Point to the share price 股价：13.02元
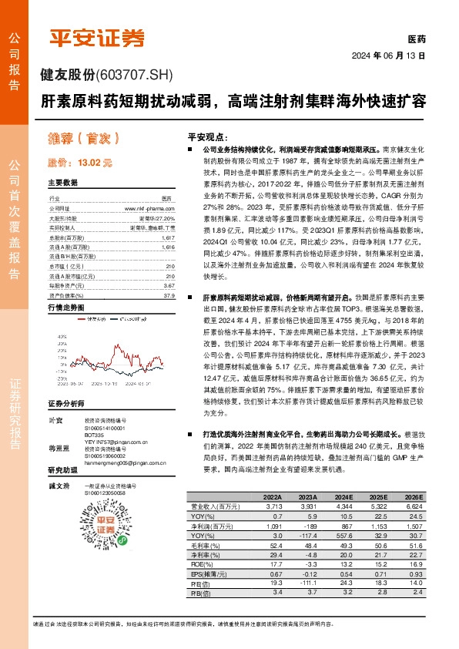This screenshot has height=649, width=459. pos(79,163)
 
